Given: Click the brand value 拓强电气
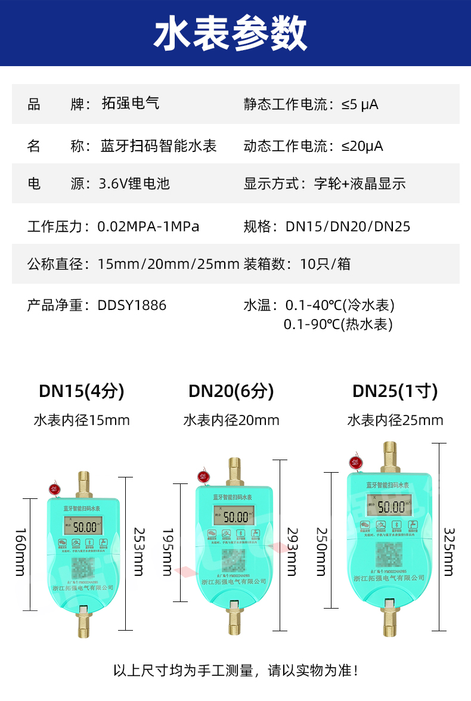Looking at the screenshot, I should [x=131, y=104].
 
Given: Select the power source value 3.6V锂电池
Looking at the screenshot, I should [x=134, y=184].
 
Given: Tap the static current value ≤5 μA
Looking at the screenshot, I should [x=360, y=105].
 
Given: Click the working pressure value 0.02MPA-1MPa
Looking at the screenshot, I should [x=148, y=227].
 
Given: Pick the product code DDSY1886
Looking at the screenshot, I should [x=132, y=306].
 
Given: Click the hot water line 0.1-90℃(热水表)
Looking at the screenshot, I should [x=338, y=324].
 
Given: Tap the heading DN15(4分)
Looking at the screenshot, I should [x=82, y=391].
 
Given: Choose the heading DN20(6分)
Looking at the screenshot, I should [x=231, y=391].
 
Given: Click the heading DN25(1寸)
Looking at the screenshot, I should [x=395, y=391].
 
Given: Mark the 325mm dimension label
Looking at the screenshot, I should [x=449, y=551].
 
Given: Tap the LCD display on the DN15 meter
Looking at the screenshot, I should [x=83, y=526].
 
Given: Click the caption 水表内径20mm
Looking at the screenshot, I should [x=231, y=420].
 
